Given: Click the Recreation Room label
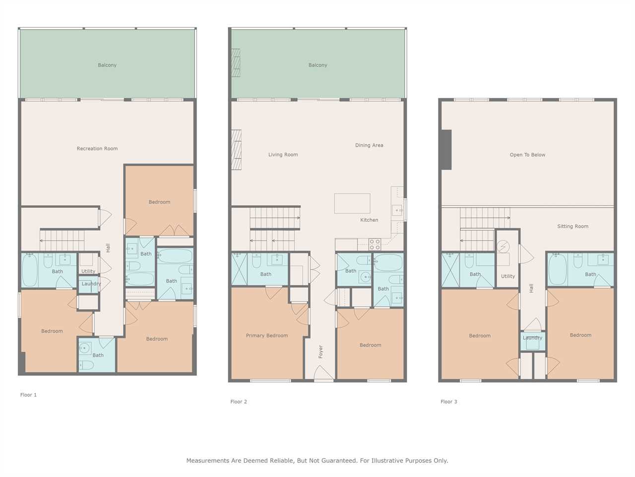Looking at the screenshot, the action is tap(97, 149).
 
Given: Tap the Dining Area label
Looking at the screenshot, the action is tap(369, 145).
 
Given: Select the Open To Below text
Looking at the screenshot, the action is tap(527, 155).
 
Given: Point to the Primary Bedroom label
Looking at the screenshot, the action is tap(267, 335).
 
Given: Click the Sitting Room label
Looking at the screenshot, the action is tap(573, 226).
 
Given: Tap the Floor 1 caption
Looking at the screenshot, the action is tap(28, 395).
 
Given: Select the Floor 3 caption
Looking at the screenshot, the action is tap(448, 401).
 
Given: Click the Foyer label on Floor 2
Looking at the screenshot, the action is tap(320, 352).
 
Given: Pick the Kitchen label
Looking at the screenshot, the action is tap(369, 220).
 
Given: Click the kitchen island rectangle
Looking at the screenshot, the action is tap(352, 203).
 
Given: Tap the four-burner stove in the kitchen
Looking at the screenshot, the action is tap(375, 244).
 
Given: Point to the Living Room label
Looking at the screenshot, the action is tap(283, 155).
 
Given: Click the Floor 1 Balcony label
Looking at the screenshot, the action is tap(107, 65).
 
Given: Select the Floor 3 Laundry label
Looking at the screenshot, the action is tap(532, 338).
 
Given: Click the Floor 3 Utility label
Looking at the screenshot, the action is tap(508, 276).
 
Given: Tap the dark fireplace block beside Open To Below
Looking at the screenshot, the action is tap(446, 150).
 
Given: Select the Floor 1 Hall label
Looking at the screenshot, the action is tap(108, 248).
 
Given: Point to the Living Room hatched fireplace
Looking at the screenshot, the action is tap(236, 150).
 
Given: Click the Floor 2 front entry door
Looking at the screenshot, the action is tap(324, 373).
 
